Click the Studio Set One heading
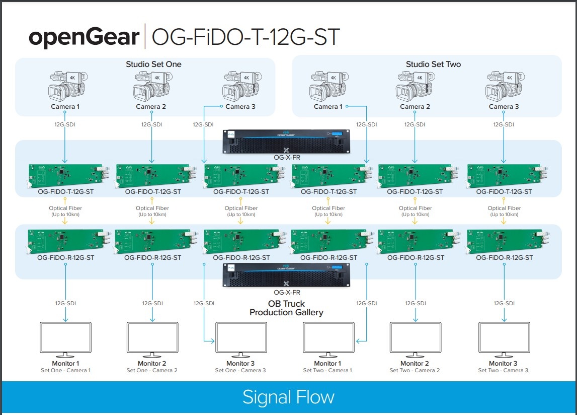tap(153, 64)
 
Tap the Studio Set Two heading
tap(433, 64)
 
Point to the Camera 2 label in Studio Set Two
tap(415, 107)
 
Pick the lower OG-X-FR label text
tap(287, 292)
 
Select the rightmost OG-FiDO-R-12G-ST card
tap(505, 241)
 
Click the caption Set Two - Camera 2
tap(415, 371)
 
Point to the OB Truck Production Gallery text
tap(286, 308)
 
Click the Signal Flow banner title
tap(288, 397)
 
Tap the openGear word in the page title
tap(84, 38)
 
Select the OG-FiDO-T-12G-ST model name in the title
tap(245, 38)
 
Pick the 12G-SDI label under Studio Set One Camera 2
tap(152, 124)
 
